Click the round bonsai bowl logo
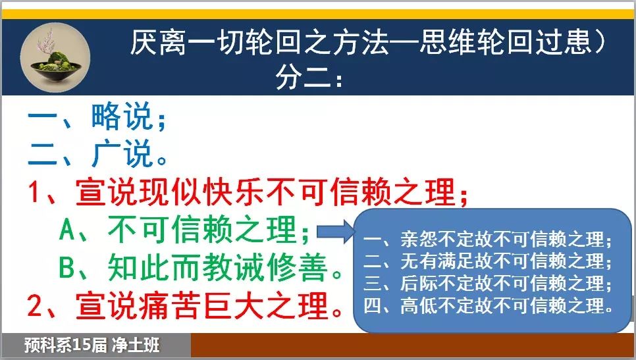point(55,58)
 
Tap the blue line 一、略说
point(97,116)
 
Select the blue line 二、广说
point(97,153)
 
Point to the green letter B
point(67,267)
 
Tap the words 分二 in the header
point(303,76)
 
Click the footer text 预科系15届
point(65,346)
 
